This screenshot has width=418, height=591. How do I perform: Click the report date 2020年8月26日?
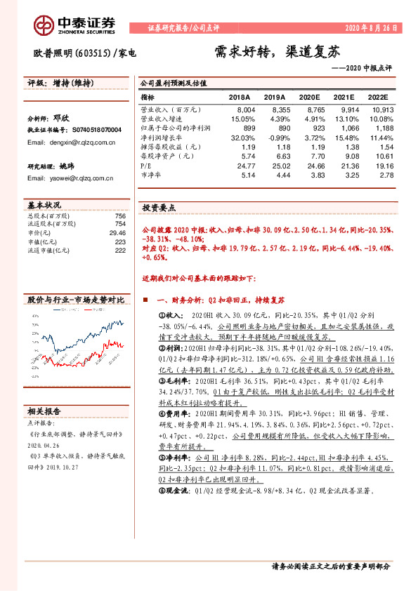pos(372,29)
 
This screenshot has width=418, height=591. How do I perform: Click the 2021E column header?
pos(341,98)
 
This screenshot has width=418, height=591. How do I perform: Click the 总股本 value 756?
pos(120,215)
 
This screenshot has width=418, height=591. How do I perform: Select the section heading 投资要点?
pos(159,208)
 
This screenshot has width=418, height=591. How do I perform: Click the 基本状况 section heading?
pos(45,205)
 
